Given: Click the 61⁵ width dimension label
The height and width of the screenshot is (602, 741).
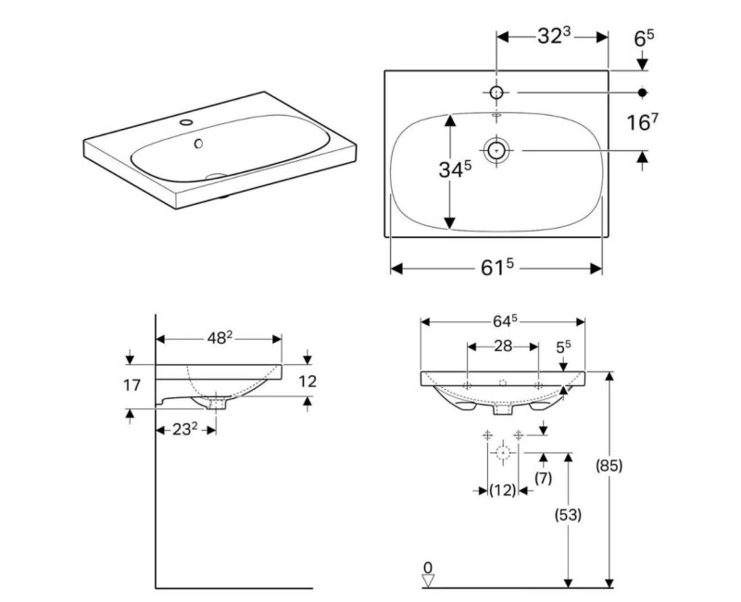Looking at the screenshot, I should click(x=497, y=268).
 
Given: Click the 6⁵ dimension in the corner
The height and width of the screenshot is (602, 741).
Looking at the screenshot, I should click(x=644, y=38).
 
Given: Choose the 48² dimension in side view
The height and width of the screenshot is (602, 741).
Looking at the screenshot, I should click(x=219, y=339).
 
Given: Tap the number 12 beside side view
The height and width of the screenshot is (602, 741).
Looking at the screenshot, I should click(x=308, y=380).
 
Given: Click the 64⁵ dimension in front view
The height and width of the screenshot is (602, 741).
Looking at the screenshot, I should click(x=502, y=321).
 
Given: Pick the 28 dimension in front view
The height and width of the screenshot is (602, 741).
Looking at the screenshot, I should click(x=503, y=345).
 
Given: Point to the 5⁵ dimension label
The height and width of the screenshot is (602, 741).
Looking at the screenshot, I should click(x=562, y=346).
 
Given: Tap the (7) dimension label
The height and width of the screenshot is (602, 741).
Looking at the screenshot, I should click(x=544, y=479).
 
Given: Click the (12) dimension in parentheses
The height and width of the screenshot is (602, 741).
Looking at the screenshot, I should click(x=502, y=490).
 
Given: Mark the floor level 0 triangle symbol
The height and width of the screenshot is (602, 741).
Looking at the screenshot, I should click(x=427, y=580).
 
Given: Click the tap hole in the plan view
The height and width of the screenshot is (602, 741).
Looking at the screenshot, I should click(x=496, y=93).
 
